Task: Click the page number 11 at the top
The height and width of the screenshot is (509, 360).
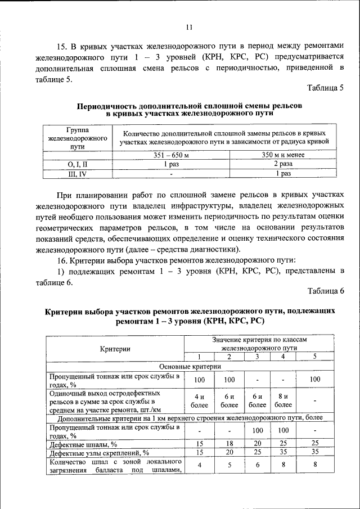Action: pyautogui.click(x=189, y=26)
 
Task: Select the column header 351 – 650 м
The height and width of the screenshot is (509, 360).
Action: pyautogui.click(x=172, y=155)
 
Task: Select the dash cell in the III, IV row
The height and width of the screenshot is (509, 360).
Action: pyautogui.click(x=172, y=174)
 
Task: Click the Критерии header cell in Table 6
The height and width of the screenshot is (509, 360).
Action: pyautogui.click(x=116, y=349)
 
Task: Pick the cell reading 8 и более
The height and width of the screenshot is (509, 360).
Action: pyautogui.click(x=283, y=400)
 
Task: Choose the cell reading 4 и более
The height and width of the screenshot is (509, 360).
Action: pyautogui.click(x=199, y=400)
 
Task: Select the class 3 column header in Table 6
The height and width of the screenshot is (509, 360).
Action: pyautogui.click(x=256, y=357)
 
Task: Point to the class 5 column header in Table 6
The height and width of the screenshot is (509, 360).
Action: pyautogui.click(x=315, y=357)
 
